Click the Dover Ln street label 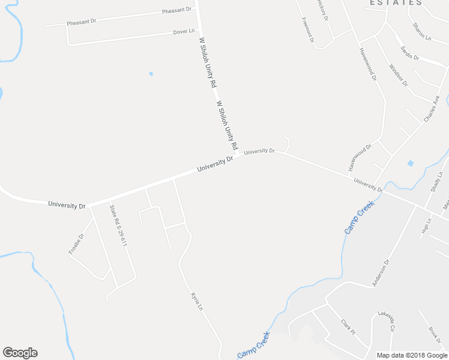184,31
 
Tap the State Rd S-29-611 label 118,225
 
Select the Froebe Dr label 77,243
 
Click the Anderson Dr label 381,272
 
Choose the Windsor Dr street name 398,74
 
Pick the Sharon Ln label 421,31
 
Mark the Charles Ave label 432,109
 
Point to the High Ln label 426,225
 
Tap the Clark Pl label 348,328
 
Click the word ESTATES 396,3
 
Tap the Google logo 20,353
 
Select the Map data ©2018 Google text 412,355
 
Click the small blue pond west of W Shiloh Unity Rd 151,74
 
